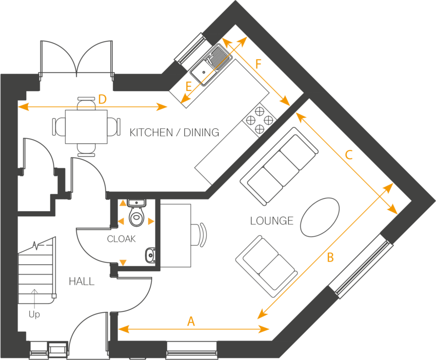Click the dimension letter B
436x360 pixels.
[x=330, y=257]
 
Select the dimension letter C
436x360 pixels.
[x=349, y=155]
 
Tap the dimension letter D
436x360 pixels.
[x=102, y=99]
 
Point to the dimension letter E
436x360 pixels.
[x=189, y=86]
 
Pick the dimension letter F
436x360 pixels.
[x=258, y=63]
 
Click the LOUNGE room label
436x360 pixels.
[x=272, y=221]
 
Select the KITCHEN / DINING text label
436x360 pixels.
[x=174, y=132]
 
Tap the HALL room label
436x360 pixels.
[x=82, y=281]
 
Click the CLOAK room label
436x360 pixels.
[x=122, y=239]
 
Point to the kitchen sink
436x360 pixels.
[x=202, y=72]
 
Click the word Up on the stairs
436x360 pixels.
[x=34, y=314]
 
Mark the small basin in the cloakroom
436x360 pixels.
[x=151, y=254]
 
